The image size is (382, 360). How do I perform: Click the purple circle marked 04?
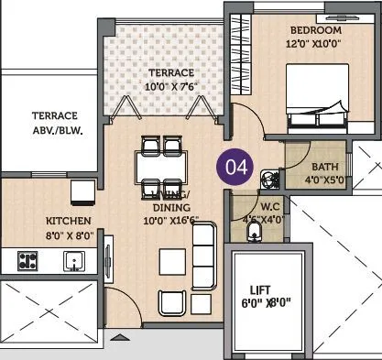235,168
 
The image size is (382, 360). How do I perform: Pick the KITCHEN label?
70,221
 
